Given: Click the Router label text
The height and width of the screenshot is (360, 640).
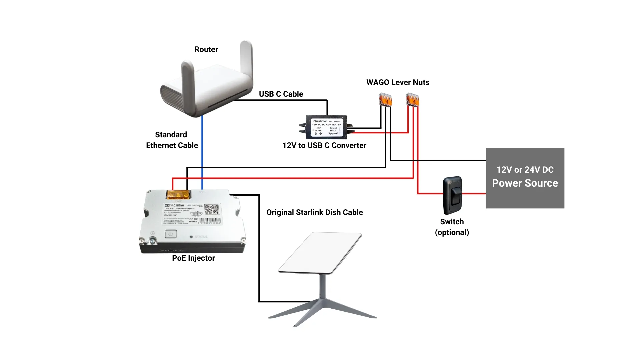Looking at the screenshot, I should tap(206, 49).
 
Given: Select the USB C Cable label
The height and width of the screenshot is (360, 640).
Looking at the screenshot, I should tap(281, 94).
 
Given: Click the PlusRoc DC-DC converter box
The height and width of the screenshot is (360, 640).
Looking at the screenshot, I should tap(326, 127).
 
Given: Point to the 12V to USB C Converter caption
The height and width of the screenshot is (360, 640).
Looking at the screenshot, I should tap(324, 145).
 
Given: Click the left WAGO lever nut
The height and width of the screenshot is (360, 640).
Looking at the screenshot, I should tap(385, 100).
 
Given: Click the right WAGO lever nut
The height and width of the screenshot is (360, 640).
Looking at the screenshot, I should tap(412, 100).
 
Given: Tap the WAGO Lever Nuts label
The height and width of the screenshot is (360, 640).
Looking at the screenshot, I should tap(397, 82).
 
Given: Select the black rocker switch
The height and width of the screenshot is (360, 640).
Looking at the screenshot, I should tap(452, 195).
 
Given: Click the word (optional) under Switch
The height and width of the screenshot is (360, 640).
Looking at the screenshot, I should tap(452, 232).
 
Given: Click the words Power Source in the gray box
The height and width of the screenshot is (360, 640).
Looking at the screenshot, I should tap(525, 183).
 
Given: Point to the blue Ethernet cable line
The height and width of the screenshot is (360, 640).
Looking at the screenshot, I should tap(202, 150).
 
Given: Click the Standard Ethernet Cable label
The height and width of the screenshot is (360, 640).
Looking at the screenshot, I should tap(172, 140).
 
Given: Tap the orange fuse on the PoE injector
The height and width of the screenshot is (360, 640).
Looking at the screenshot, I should tap(178, 194).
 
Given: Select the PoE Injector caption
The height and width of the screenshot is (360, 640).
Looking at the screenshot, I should tap(193, 258).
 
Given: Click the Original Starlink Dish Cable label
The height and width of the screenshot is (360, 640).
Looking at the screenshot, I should tap(314, 212).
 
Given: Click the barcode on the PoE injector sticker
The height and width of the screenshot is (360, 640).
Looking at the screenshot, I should tap(210, 221).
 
